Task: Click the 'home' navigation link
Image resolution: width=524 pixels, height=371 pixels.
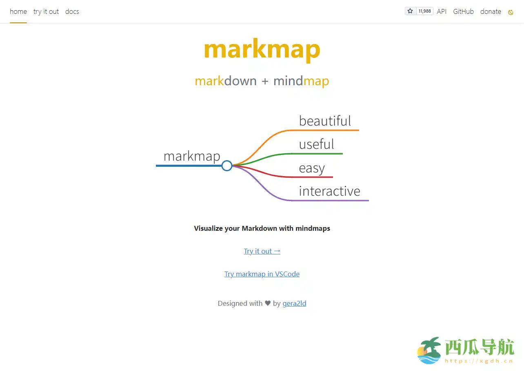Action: pyautogui.click(x=18, y=11)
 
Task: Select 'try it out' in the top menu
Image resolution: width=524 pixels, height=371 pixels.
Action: pyautogui.click(x=46, y=11)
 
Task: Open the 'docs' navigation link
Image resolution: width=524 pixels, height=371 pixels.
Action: pyautogui.click(x=72, y=11)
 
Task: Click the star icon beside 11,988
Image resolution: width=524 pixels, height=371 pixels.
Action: pyautogui.click(x=410, y=11)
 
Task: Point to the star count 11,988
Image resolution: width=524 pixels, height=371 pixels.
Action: pyautogui.click(x=424, y=11)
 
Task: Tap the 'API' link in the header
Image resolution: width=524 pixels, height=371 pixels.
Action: pyautogui.click(x=442, y=11)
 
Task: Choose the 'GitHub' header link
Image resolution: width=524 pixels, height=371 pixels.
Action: pyautogui.click(x=463, y=11)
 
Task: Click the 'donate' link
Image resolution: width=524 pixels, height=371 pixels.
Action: pyautogui.click(x=491, y=11)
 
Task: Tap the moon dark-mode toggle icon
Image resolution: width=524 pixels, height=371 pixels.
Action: pyautogui.click(x=511, y=12)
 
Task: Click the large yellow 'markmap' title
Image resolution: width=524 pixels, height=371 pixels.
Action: pyautogui.click(x=262, y=49)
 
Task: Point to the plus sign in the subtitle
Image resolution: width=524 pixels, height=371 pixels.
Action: pyautogui.click(x=265, y=81)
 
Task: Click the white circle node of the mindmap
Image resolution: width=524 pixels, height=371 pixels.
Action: pyautogui.click(x=227, y=166)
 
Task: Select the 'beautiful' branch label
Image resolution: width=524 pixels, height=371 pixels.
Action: pyautogui.click(x=325, y=121)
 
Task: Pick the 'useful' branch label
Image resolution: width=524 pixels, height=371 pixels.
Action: pyautogui.click(x=316, y=144)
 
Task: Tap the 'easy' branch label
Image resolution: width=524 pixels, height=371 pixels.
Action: pyautogui.click(x=312, y=168)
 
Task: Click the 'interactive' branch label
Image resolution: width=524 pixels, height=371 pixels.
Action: pyautogui.click(x=329, y=191)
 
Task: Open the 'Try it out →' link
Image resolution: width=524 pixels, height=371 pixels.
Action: pyautogui.click(x=262, y=251)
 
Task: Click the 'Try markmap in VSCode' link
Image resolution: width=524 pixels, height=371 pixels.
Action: pyautogui.click(x=262, y=274)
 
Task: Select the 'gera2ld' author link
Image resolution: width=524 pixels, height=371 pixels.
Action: pyautogui.click(x=294, y=303)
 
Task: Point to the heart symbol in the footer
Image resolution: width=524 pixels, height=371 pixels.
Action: pyautogui.click(x=268, y=303)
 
